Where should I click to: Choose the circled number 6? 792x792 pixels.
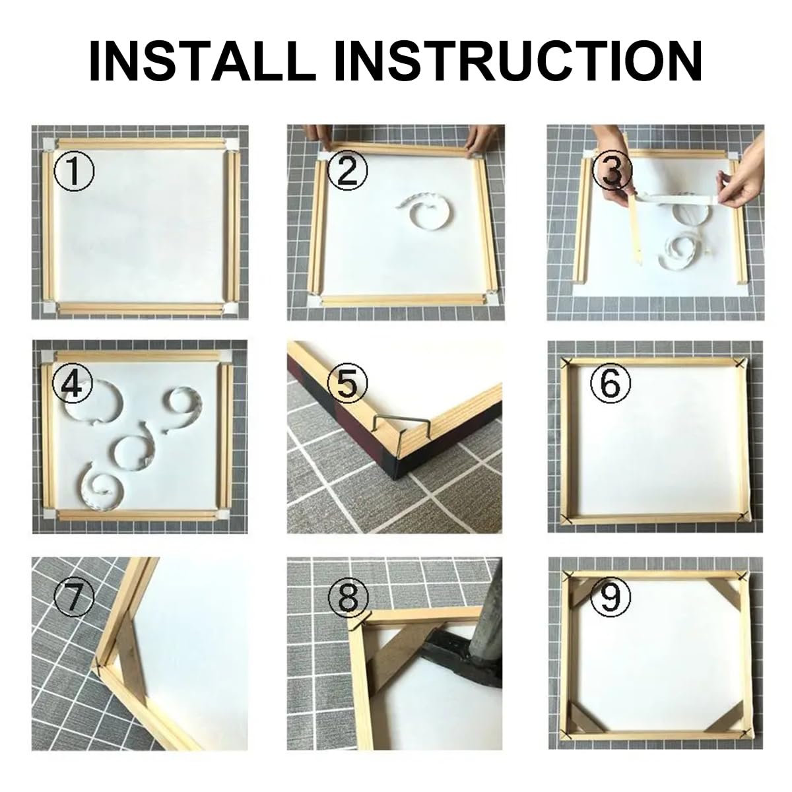point(611,382)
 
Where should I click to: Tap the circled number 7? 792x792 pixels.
point(73,597)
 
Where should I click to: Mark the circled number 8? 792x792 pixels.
point(348,597)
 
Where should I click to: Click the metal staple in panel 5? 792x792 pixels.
point(400,428)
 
